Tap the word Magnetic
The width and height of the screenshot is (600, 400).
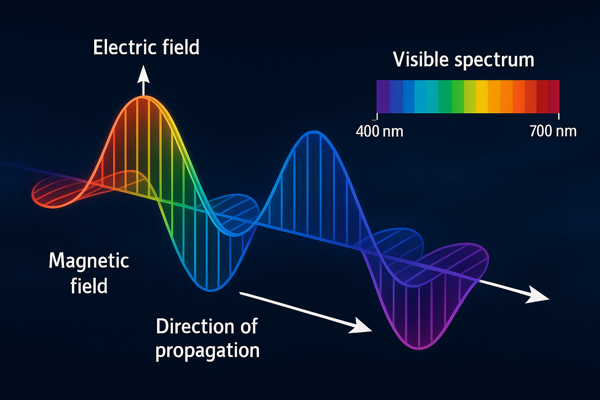click(x=89, y=261)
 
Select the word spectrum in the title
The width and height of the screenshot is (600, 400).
click(x=495, y=61)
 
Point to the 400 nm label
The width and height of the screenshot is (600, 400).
click(x=380, y=132)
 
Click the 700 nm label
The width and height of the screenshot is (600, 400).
click(x=553, y=132)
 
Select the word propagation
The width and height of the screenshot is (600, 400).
click(x=207, y=351)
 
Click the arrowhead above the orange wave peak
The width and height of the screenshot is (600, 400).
click(x=144, y=75)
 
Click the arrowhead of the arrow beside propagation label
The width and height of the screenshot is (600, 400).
click(x=362, y=326)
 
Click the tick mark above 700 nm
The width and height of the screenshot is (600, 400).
click(x=559, y=116)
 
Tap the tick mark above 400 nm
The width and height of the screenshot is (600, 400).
click(x=377, y=116)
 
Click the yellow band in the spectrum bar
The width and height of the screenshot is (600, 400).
click(x=482, y=96)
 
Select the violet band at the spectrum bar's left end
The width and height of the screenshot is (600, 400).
click(x=383, y=96)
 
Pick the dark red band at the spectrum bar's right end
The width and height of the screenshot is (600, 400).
click(x=554, y=96)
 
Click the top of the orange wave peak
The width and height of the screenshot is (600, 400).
click(x=144, y=96)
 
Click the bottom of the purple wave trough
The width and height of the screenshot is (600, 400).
click(x=419, y=348)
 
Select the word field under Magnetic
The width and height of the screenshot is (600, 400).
click(x=89, y=285)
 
